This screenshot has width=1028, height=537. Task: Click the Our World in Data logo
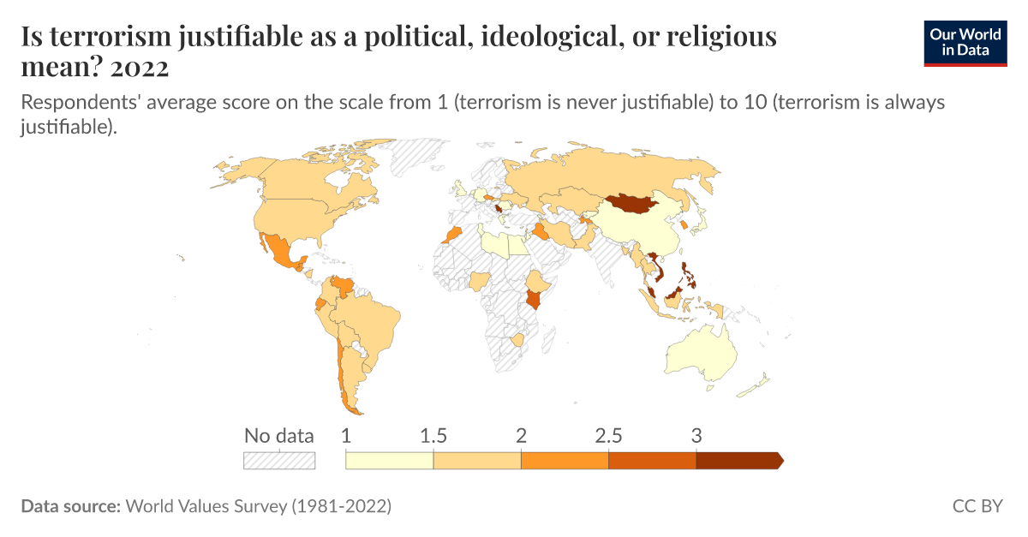(x=965, y=40)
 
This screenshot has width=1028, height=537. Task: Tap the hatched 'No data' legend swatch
(x=279, y=461)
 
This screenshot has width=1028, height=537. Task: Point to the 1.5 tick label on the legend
(x=433, y=435)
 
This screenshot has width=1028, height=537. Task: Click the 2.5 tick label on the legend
(x=608, y=435)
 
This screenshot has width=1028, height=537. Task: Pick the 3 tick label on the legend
(x=696, y=435)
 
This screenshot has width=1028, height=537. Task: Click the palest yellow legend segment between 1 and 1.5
(x=390, y=461)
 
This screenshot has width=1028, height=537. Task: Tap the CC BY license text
(x=977, y=506)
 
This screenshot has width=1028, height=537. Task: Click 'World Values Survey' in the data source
(x=206, y=506)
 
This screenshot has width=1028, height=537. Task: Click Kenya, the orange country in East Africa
(x=535, y=299)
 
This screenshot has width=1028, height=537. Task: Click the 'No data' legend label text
(x=279, y=435)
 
